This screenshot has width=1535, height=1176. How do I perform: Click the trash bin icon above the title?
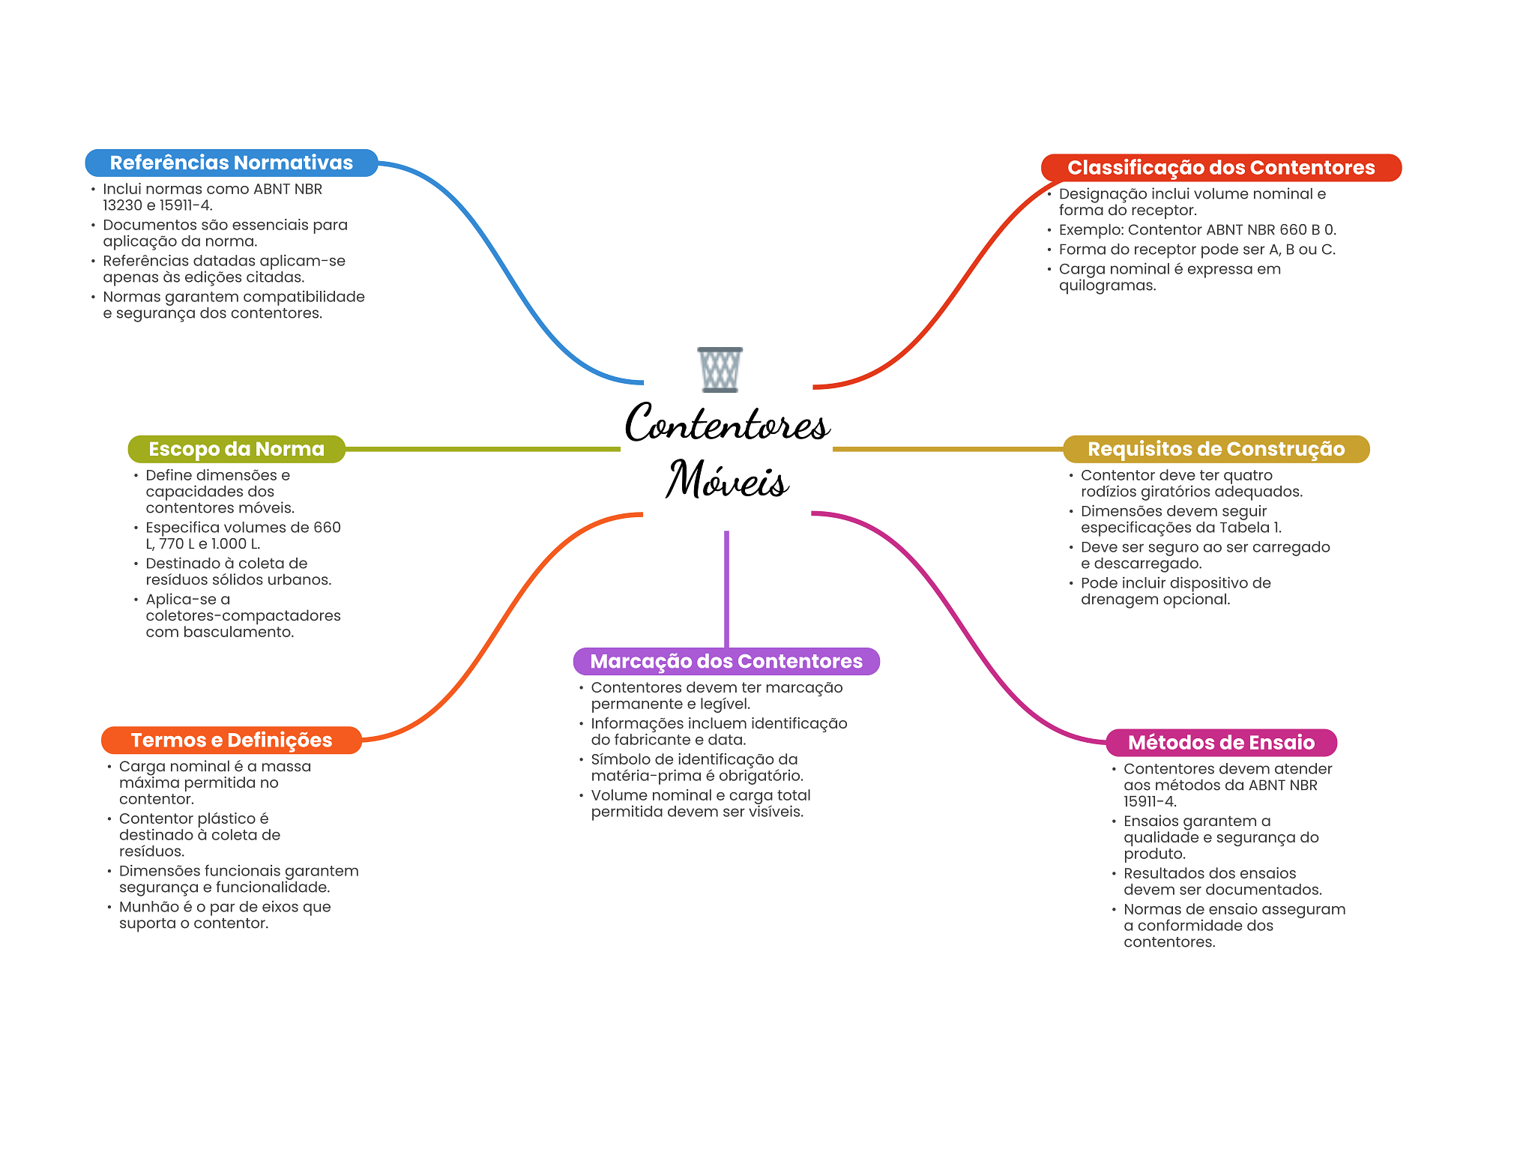tap(720, 370)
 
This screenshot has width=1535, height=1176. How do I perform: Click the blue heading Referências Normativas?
tap(231, 163)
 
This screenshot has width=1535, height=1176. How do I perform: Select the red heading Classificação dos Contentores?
tap(1221, 167)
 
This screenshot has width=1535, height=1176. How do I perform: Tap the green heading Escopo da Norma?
tap(236, 449)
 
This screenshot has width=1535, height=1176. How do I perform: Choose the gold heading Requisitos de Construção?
tap(1216, 449)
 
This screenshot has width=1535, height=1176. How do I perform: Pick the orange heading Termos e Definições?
tap(231, 740)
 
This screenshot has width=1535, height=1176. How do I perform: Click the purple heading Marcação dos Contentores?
tap(726, 661)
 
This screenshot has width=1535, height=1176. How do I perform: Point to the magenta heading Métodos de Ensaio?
tap(1221, 742)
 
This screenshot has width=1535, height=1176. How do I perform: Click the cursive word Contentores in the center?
tap(727, 423)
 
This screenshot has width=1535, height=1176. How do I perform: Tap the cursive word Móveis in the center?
tap(727, 480)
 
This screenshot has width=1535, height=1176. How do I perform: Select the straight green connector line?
tap(483, 449)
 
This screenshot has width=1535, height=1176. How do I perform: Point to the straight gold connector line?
tap(947, 449)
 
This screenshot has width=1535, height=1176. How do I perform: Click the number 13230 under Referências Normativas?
tap(122, 205)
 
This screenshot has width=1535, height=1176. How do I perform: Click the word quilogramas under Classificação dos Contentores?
tap(1107, 286)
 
